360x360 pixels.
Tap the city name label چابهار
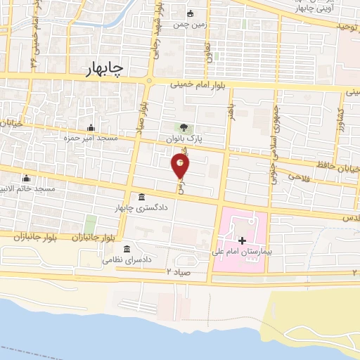pyautogui.click(x=104, y=68)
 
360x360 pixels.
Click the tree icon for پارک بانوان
pyautogui.click(x=184, y=127)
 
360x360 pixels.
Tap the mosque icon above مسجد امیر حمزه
pyautogui.click(x=91, y=127)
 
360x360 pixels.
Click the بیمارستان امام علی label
pyautogui.click(x=241, y=251)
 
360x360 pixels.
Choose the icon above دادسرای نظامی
pyautogui.click(x=127, y=249)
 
